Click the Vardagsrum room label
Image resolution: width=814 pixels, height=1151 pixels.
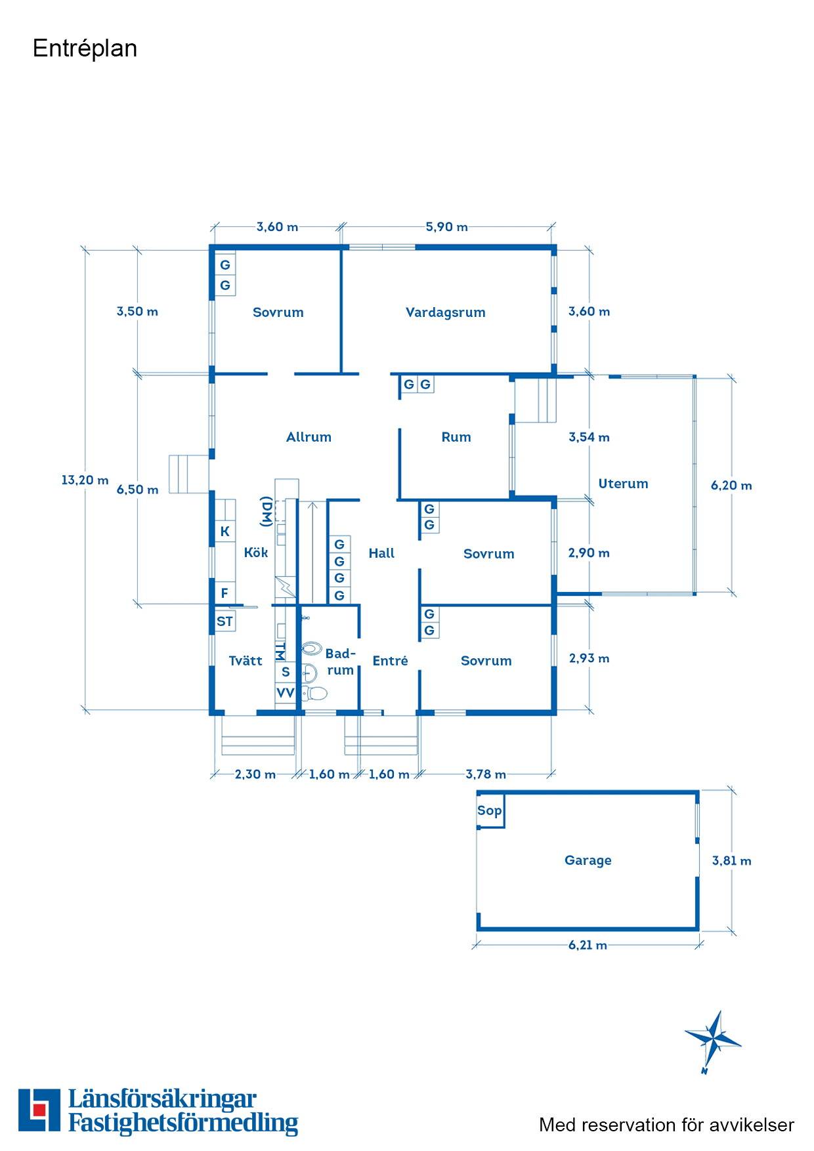click(x=446, y=312)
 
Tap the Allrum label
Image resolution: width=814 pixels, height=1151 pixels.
click(x=309, y=437)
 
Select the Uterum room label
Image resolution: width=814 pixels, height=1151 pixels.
click(x=623, y=484)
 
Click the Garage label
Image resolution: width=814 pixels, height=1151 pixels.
click(x=588, y=860)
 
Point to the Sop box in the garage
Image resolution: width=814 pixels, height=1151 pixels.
click(x=490, y=811)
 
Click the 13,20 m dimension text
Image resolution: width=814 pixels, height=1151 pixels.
click(x=85, y=480)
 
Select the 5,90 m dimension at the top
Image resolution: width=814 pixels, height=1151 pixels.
click(x=447, y=227)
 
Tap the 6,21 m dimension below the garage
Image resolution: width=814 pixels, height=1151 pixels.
click(x=588, y=946)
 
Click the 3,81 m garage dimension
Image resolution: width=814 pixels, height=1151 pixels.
click(x=732, y=861)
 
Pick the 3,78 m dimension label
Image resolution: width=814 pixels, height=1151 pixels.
click(x=486, y=774)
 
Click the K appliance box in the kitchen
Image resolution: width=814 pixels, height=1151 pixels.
click(x=225, y=532)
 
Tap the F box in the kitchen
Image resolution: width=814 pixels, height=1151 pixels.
click(x=225, y=593)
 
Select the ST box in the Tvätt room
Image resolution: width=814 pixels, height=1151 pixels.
click(x=225, y=621)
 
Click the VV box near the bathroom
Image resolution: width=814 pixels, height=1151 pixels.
click(x=286, y=693)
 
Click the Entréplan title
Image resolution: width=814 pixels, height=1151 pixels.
click(x=85, y=49)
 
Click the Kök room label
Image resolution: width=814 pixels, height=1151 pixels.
click(x=256, y=553)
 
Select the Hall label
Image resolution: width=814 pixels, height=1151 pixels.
click(x=381, y=553)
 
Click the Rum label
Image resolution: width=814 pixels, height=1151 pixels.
click(x=456, y=437)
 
